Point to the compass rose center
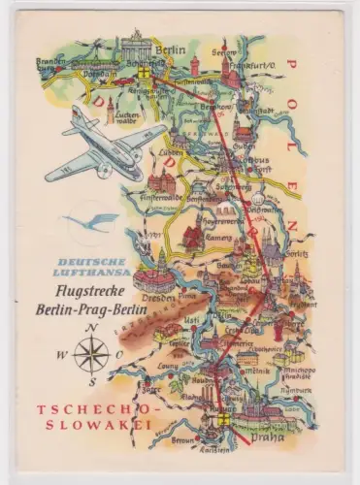coord(92,355)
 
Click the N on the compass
coord(92,329)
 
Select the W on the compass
coord(61,355)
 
